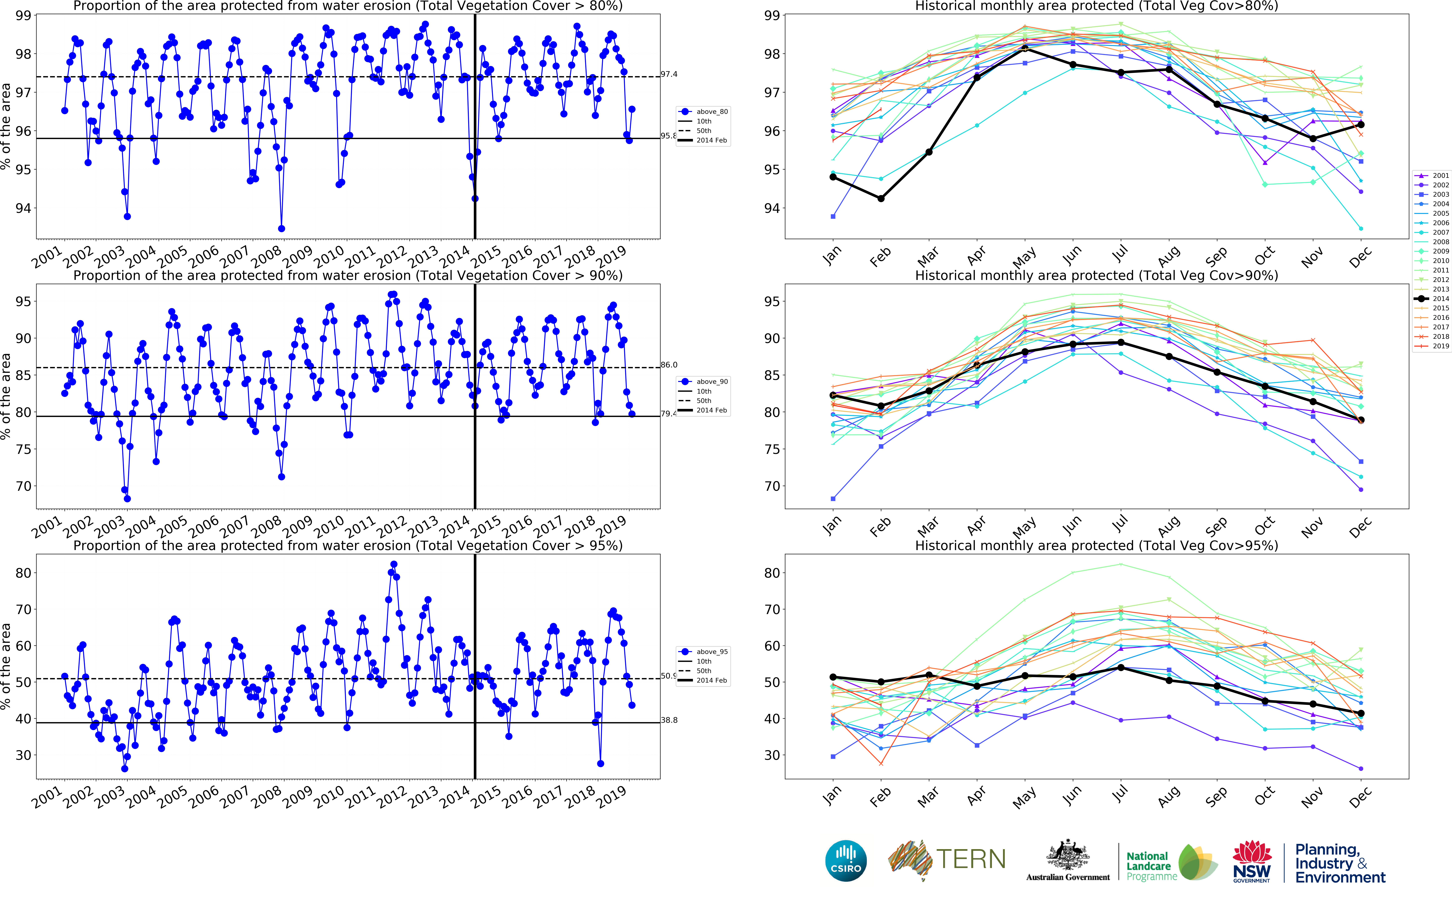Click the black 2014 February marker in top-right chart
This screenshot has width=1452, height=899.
point(881,199)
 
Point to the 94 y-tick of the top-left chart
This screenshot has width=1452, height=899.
point(24,208)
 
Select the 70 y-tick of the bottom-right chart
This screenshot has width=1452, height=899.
point(772,609)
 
